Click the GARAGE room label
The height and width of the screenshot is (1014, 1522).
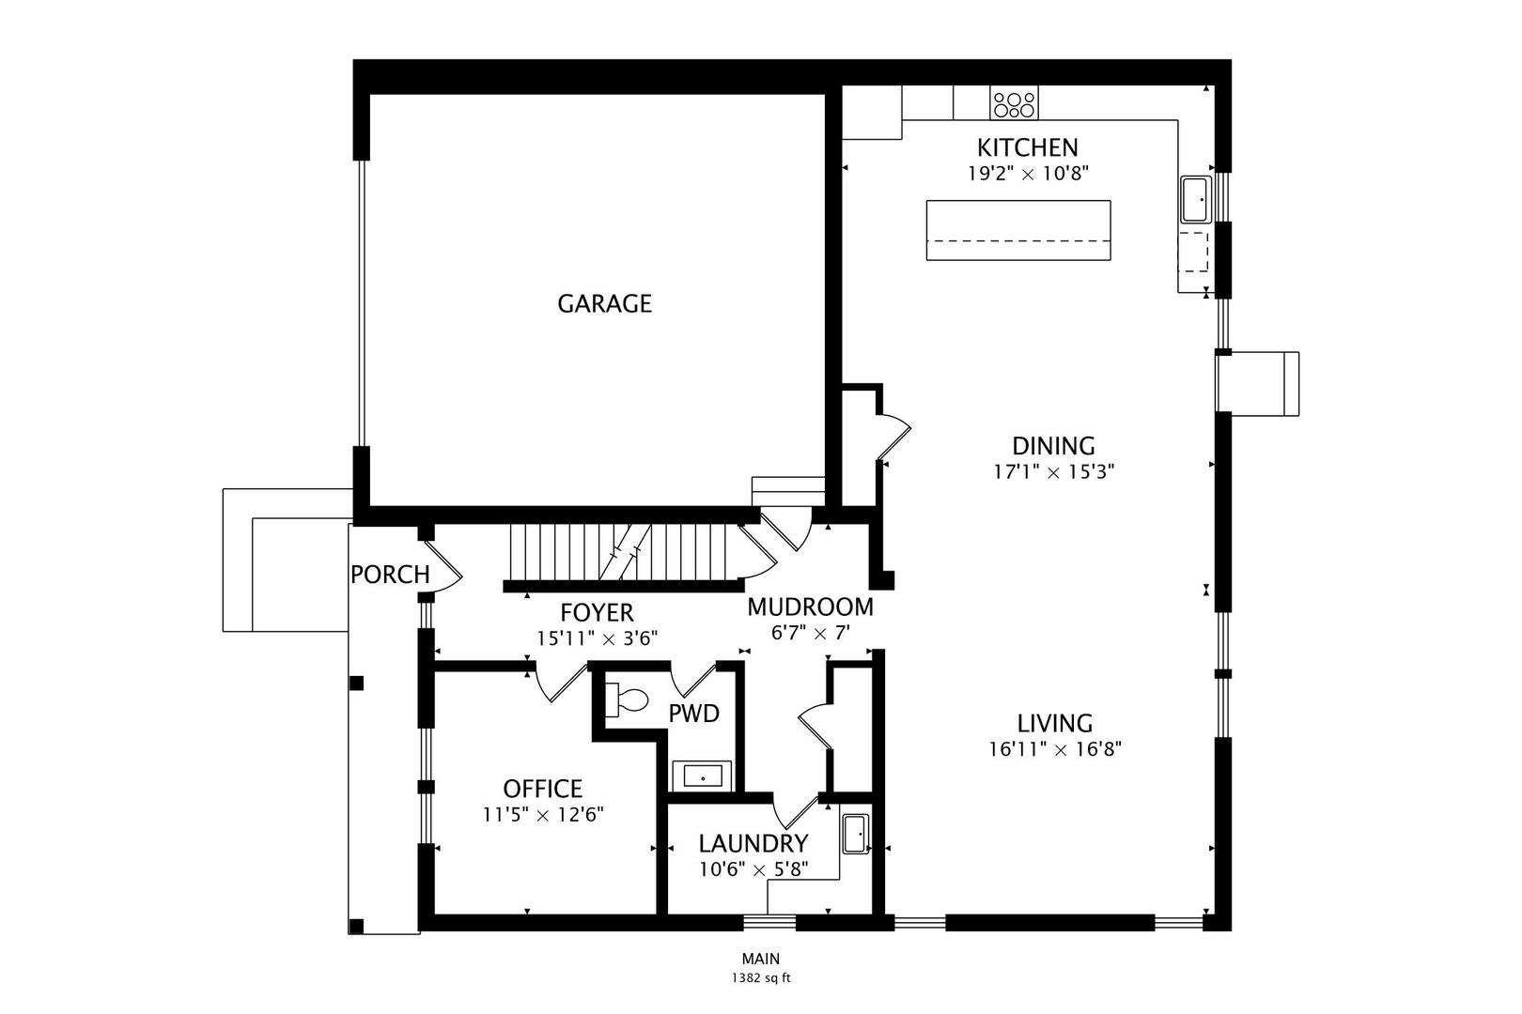click(x=604, y=303)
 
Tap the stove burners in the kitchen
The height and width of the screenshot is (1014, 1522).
click(x=1014, y=103)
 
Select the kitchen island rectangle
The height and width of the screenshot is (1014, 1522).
click(x=1018, y=230)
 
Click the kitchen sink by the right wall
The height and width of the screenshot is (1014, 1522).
click(x=1196, y=200)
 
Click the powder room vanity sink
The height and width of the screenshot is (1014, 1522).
click(x=702, y=776)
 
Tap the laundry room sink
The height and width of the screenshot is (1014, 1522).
click(x=856, y=834)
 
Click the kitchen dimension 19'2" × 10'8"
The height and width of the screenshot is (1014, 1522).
click(x=1028, y=174)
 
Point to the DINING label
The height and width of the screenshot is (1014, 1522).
click(x=1053, y=446)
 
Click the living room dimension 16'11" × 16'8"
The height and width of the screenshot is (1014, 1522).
click(x=1054, y=749)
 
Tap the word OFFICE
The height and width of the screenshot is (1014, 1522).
click(x=542, y=789)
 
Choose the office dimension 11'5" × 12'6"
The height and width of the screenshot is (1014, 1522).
click(x=543, y=814)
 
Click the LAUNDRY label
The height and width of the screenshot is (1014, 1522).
click(x=753, y=843)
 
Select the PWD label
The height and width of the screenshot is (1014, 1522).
click(x=693, y=714)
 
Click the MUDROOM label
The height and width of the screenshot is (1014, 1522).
click(x=811, y=607)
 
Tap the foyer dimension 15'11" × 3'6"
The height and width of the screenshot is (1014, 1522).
click(x=598, y=638)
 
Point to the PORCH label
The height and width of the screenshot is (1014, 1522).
click(x=390, y=575)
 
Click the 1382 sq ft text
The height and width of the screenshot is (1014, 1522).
click(x=761, y=978)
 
